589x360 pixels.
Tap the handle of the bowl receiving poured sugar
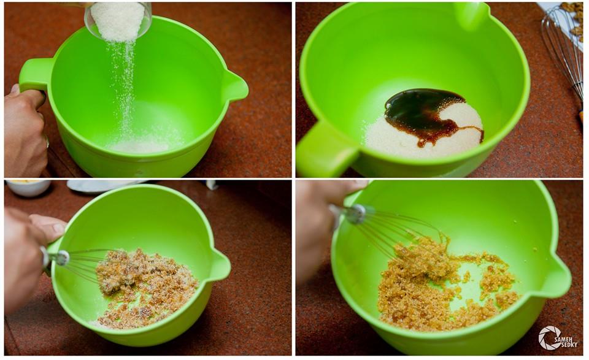coord(34,75)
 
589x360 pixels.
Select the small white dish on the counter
coord(28,188)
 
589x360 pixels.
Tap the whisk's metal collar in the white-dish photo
coord(61,258)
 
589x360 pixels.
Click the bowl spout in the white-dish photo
coord(220,265)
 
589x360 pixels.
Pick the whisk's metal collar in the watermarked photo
coord(356,214)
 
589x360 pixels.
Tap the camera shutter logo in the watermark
coord(547,338)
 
